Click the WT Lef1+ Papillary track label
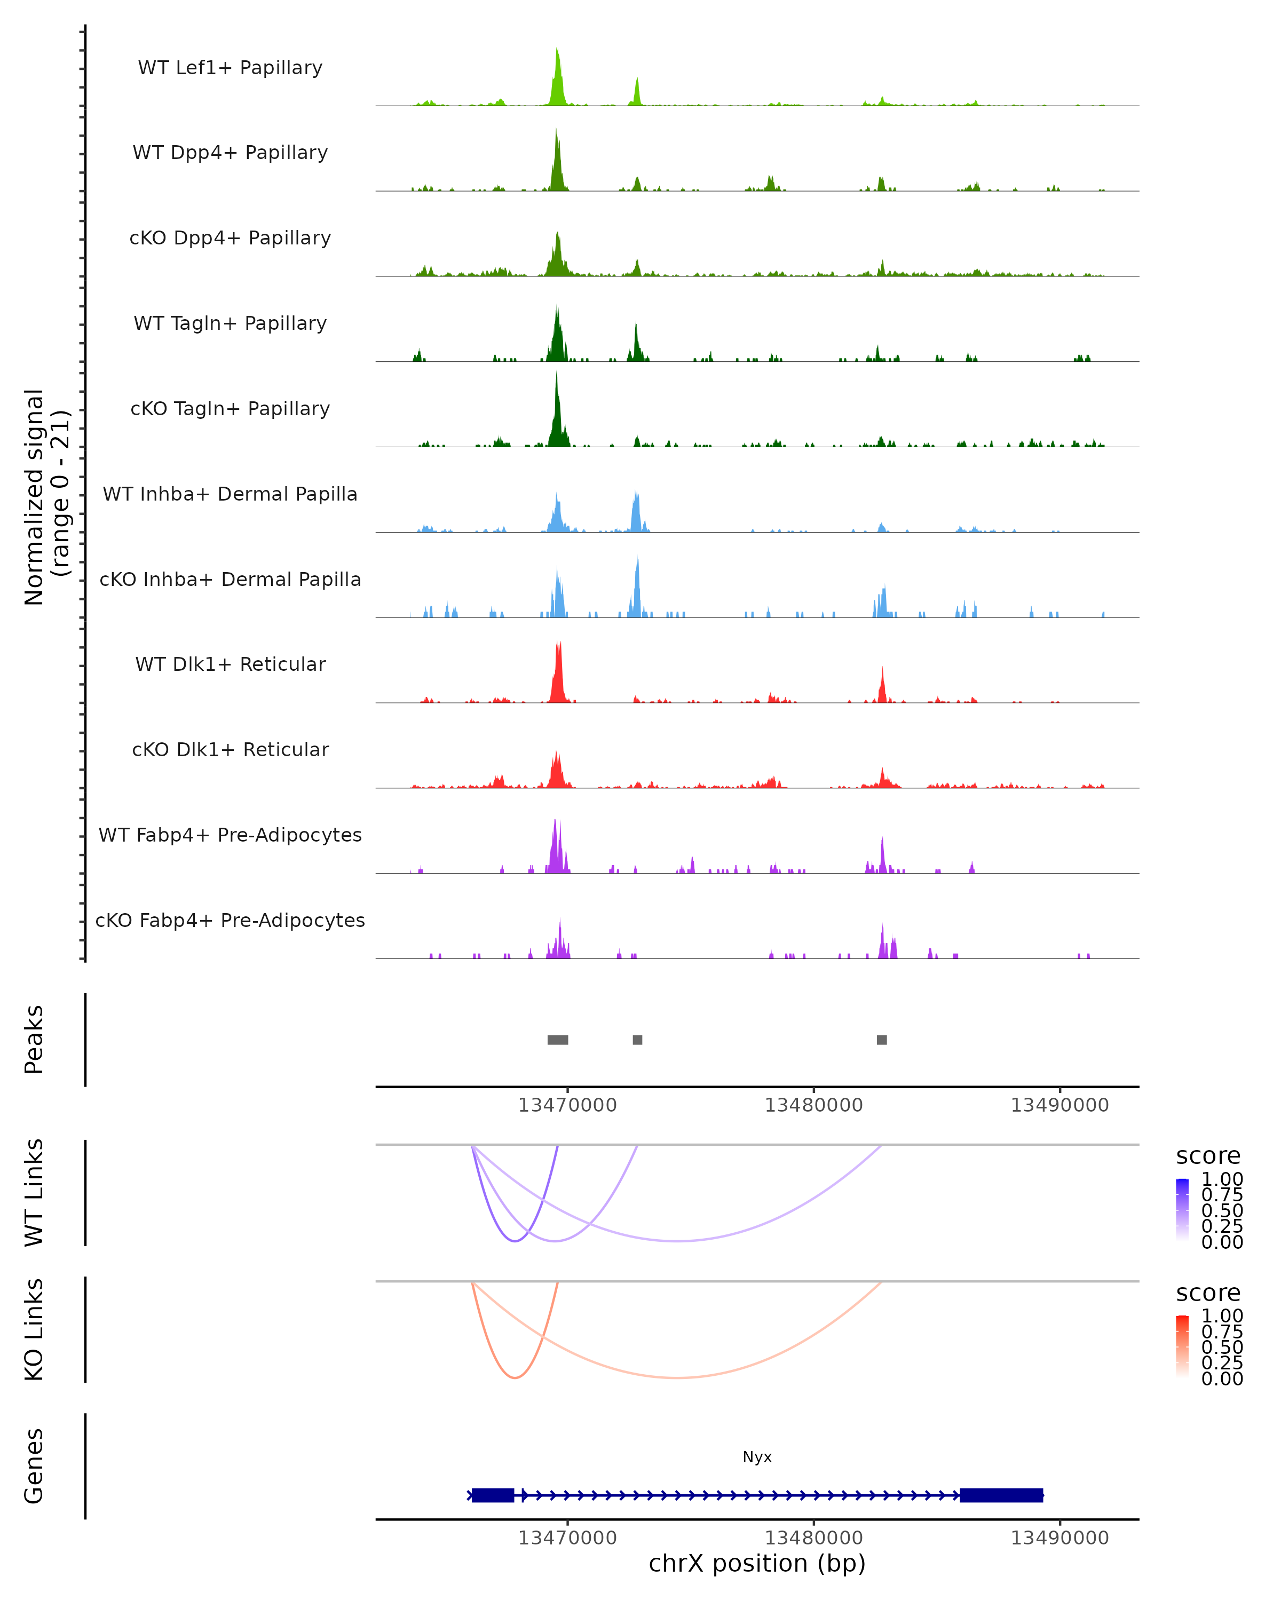click(230, 68)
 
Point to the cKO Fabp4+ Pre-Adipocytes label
click(230, 920)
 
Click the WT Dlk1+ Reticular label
click(230, 664)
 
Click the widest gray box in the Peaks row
click(558, 1040)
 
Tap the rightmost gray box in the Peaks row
click(881, 1040)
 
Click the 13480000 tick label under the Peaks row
click(814, 1105)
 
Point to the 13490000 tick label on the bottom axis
click(1059, 1538)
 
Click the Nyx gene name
click(757, 1457)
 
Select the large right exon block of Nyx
click(1001, 1495)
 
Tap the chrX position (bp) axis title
click(757, 1564)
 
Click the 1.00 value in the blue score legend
click(1222, 1179)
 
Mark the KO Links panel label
click(34, 1329)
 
